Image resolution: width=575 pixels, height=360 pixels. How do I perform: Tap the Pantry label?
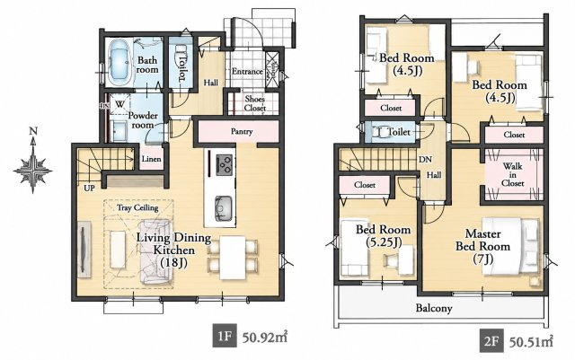coord(242,131)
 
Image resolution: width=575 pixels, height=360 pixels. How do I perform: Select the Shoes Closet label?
coord(255,103)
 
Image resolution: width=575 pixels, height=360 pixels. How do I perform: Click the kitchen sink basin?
coord(224,208)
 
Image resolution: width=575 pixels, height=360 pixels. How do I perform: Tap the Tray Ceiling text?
coord(137,208)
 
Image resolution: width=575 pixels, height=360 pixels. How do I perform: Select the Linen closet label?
coord(152,159)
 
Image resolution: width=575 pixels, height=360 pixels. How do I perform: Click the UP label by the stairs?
coord(89,188)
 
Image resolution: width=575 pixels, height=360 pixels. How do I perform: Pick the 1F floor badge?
coord(225,336)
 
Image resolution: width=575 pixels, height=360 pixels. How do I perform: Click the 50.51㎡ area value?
coord(531,342)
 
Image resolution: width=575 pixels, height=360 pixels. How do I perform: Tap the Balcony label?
coord(434,308)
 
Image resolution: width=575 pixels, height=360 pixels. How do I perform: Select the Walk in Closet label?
coord(512,174)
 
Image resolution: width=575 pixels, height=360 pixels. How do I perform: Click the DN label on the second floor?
coord(425,160)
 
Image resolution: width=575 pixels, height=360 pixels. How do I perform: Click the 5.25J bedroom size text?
coord(384,242)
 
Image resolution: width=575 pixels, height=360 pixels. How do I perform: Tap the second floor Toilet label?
coord(399,132)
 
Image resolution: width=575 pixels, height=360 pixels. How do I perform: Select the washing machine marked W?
coord(119,104)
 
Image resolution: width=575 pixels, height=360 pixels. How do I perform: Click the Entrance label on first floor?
coord(247,71)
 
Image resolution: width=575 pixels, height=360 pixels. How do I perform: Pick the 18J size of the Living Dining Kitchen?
coord(173,262)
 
